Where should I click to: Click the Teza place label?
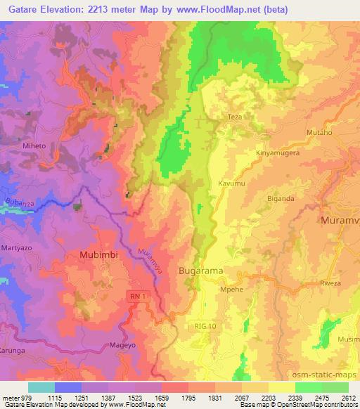(234, 117)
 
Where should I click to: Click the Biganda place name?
(281, 198)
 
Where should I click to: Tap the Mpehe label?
(232, 288)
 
